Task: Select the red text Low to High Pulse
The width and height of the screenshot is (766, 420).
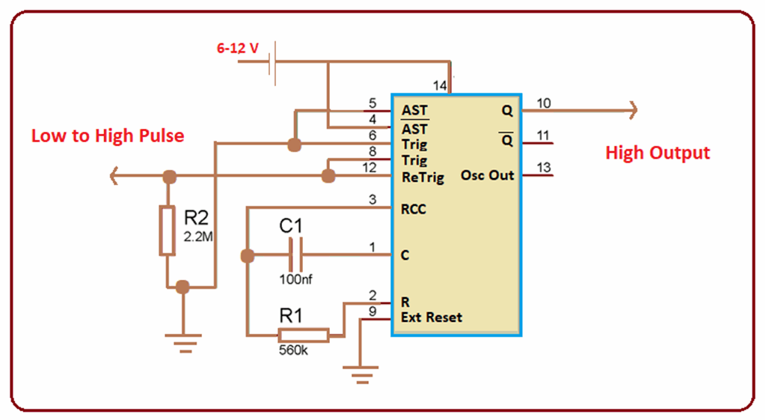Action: point(107,136)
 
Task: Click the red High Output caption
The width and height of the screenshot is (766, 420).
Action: point(657,153)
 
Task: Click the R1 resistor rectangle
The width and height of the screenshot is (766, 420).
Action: point(303,335)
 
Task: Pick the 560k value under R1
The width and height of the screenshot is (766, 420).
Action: point(293,350)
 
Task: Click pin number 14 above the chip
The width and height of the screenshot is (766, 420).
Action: point(440,86)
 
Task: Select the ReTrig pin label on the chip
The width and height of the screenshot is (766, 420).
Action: point(423,177)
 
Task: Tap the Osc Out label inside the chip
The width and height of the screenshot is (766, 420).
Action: point(488,175)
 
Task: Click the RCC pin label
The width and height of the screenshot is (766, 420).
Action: point(414,210)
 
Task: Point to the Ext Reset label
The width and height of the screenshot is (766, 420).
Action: point(432,317)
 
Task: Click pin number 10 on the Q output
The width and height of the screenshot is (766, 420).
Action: point(544,103)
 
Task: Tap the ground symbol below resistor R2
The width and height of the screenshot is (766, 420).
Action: point(183,343)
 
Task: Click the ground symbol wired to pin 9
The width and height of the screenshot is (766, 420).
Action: point(361,372)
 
